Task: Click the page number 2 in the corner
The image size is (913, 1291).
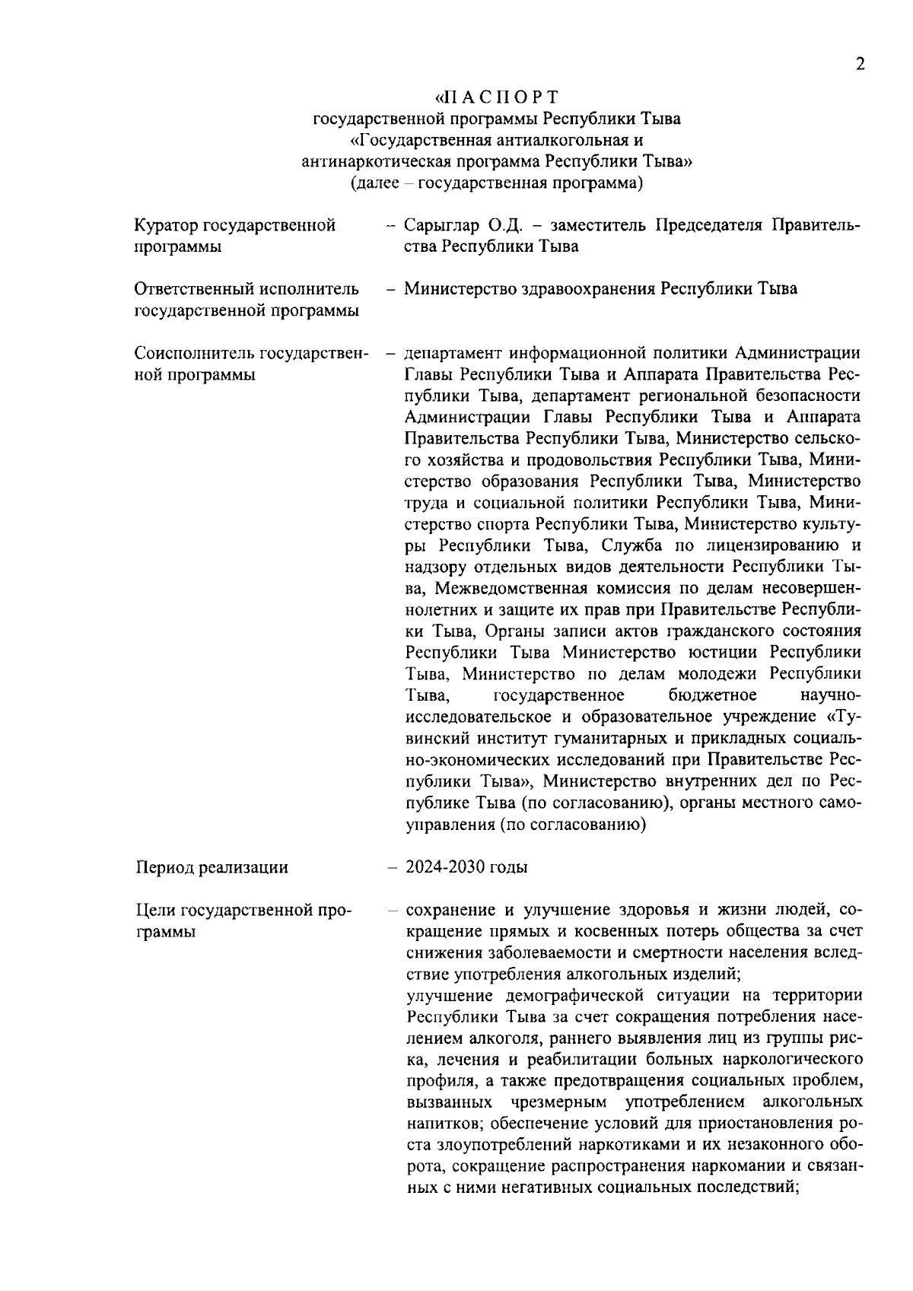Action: coord(860,65)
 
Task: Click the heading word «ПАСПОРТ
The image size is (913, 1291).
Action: coord(497,97)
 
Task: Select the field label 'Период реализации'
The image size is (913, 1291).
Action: coord(212,867)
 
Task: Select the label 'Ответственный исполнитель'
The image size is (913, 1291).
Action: coord(247,289)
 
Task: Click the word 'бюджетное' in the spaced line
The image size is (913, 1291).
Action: coord(713,695)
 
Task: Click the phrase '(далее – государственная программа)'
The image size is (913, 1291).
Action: coord(497,183)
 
